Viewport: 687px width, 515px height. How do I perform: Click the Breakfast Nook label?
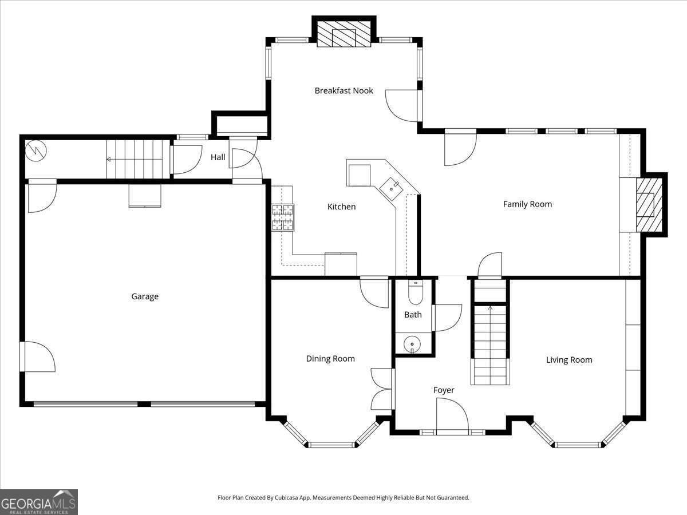pos(343,90)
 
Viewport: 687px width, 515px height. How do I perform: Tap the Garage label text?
pos(145,296)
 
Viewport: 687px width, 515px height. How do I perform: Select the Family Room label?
pos(527,204)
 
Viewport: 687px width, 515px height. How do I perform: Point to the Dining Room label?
pos(330,359)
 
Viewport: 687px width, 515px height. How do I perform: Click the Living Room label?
pos(569,360)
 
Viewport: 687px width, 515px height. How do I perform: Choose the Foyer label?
pos(444,390)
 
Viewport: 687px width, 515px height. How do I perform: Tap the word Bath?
pos(413,315)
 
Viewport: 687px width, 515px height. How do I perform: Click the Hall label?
pos(218,157)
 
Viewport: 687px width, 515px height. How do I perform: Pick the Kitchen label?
pos(341,207)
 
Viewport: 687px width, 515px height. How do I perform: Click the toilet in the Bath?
pos(416,292)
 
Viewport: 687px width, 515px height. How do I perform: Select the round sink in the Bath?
pos(412,344)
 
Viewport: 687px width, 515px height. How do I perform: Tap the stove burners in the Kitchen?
pos(283,217)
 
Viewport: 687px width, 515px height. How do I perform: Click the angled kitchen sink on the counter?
pos(391,189)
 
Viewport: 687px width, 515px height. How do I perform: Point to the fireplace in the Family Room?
pos(649,205)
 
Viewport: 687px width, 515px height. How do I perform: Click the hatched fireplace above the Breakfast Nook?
pos(343,34)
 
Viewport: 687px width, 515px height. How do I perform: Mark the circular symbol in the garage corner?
pos(36,150)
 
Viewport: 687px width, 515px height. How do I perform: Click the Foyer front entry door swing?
pos(452,416)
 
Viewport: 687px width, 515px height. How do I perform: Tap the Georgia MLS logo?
pos(39,502)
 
